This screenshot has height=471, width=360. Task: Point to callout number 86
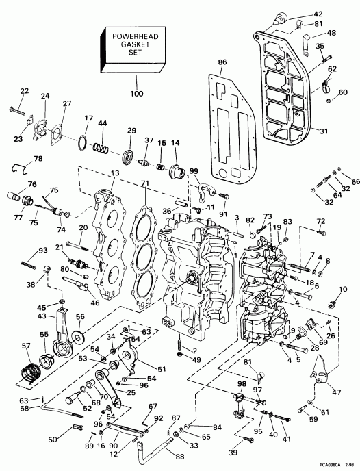tap(222, 62)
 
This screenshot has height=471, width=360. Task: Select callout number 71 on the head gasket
tap(144, 184)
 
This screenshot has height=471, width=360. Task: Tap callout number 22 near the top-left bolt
tap(25, 91)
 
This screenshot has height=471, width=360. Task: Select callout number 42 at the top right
tap(337, 14)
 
